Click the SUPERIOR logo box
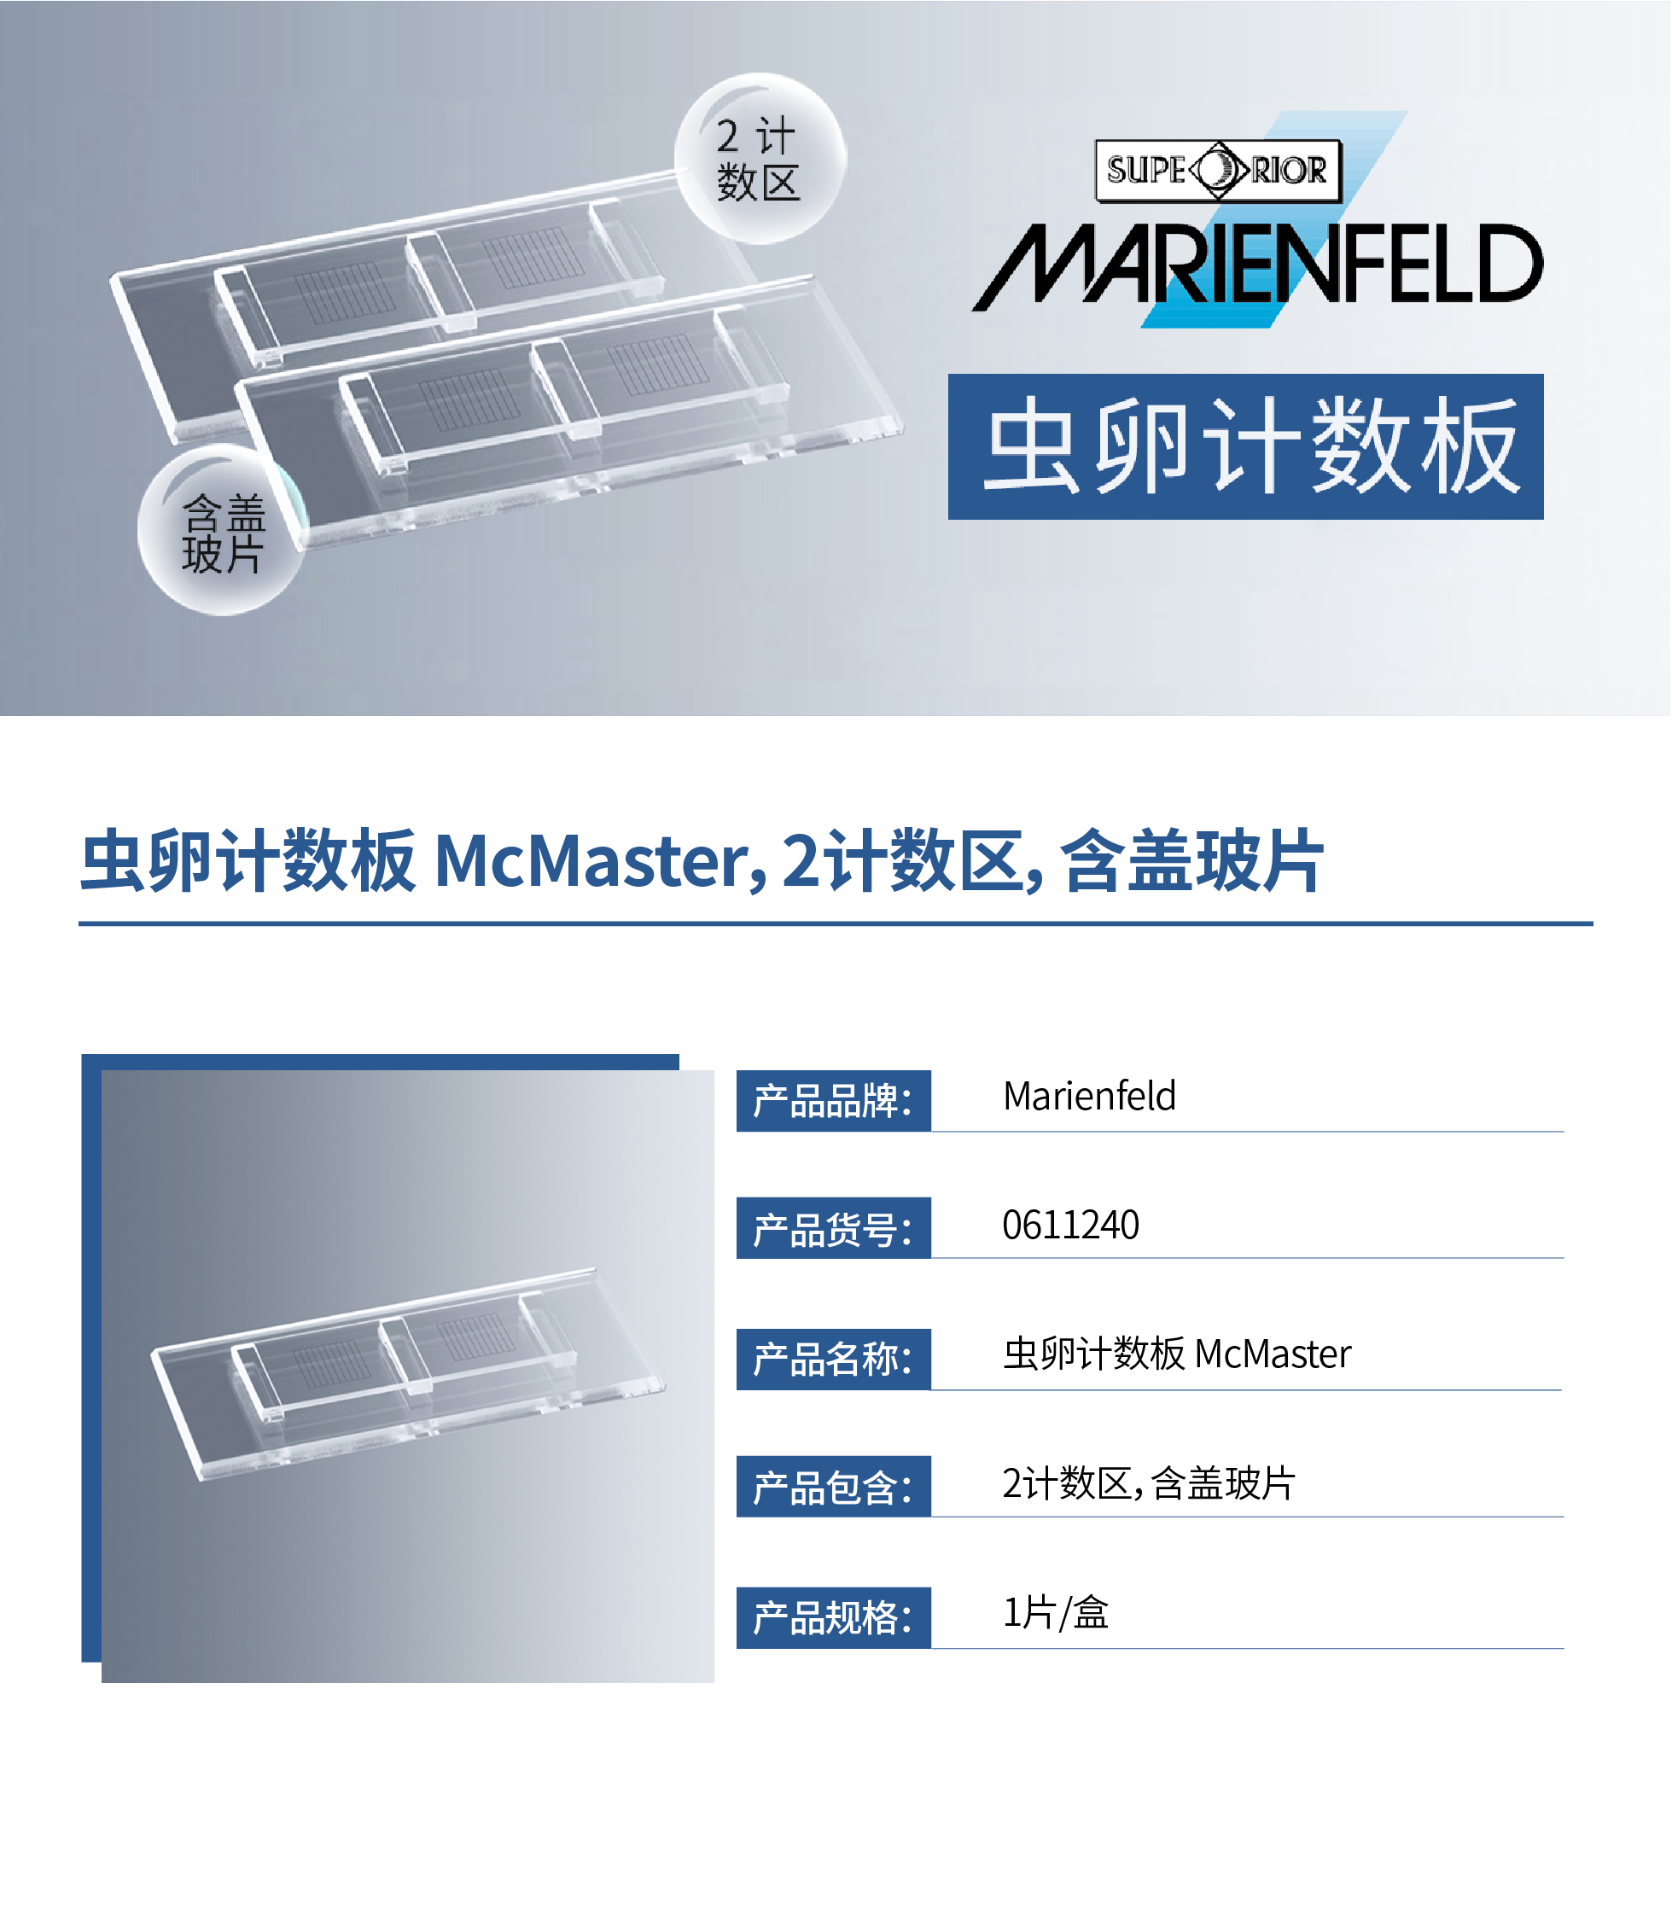pyautogui.click(x=1218, y=171)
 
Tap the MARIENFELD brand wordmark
pyautogui.click(x=1257, y=264)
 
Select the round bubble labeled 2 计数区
pyautogui.click(x=760, y=159)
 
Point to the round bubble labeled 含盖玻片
pyautogui.click(x=223, y=530)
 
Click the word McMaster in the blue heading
pyautogui.click(x=600, y=861)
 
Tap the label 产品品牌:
pyautogui.click(x=833, y=1101)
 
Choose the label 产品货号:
pyautogui.click(x=833, y=1228)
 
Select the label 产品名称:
pyautogui.click(x=833, y=1359)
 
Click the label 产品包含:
pyautogui.click(x=833, y=1487)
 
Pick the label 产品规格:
pyautogui.click(x=833, y=1617)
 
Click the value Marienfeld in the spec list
pyautogui.click(x=1089, y=1096)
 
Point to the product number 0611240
pyautogui.click(x=1070, y=1225)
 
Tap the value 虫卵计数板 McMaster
pyautogui.click(x=1177, y=1354)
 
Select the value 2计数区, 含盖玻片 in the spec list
pyautogui.click(x=1149, y=1483)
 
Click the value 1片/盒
pyautogui.click(x=1055, y=1613)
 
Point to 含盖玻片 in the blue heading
pyautogui.click(x=1191, y=861)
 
